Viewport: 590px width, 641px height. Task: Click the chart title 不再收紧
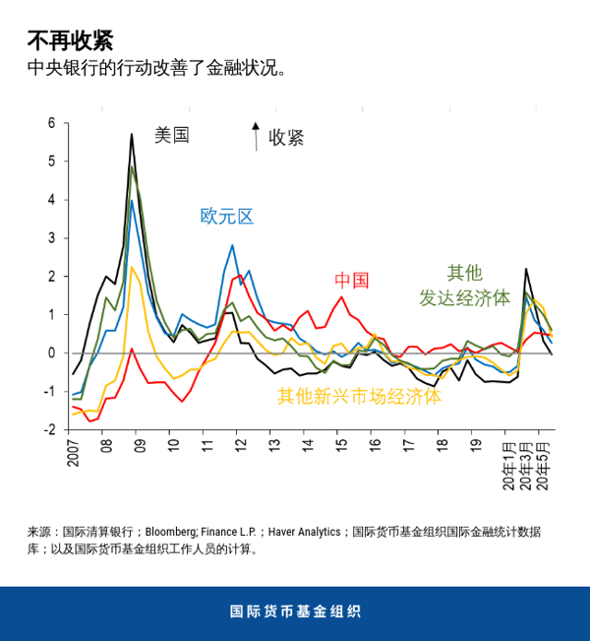(x=70, y=41)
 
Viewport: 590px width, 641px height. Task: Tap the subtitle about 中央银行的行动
(x=158, y=69)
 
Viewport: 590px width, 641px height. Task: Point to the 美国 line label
(x=171, y=136)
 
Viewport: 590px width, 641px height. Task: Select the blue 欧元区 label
(x=227, y=216)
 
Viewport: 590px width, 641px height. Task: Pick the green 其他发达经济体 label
(x=465, y=285)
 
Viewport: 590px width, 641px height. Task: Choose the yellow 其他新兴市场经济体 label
(x=359, y=397)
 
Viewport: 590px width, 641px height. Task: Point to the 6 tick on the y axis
(x=52, y=123)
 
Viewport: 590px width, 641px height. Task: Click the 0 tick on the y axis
(x=52, y=353)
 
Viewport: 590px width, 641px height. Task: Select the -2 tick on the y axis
(x=49, y=429)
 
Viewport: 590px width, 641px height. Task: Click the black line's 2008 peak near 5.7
(x=132, y=135)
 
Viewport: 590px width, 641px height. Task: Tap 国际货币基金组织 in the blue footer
(x=294, y=611)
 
